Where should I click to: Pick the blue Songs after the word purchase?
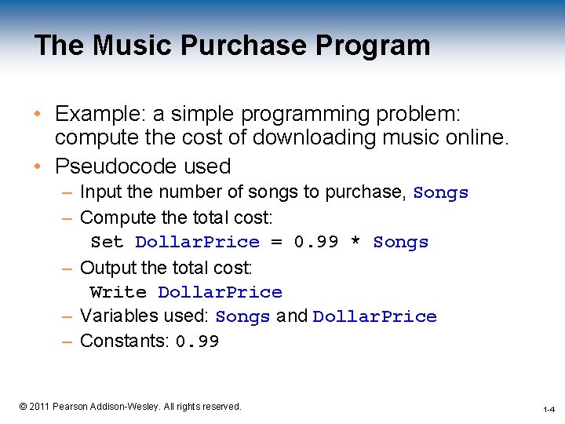pos(440,192)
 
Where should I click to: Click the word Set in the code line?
pos(108,242)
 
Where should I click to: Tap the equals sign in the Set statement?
pos(276,242)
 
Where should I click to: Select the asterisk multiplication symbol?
pos(355,242)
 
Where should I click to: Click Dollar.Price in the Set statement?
pos(197,242)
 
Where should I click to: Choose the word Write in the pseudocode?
pos(118,292)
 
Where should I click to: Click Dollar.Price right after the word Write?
pos(220,292)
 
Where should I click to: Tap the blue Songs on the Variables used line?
pos(242,317)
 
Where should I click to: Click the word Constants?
pos(125,341)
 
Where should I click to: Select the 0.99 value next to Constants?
pos(197,342)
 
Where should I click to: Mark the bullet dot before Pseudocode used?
pos(38,166)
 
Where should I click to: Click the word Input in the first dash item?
pos(97,192)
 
